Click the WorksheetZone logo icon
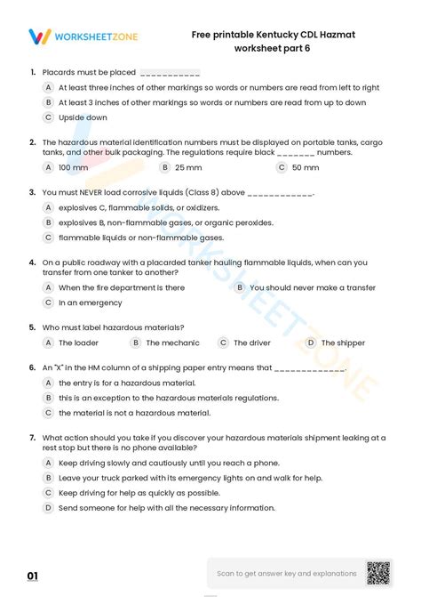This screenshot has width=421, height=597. [40, 36]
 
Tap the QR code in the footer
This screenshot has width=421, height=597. [379, 573]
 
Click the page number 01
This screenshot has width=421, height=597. [33, 577]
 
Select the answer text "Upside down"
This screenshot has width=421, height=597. [83, 117]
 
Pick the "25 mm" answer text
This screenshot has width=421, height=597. [188, 167]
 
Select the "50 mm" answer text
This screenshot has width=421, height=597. [306, 167]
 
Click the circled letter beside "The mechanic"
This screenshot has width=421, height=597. [135, 343]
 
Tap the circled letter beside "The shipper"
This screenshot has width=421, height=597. [311, 343]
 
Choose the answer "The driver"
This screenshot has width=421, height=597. [252, 343]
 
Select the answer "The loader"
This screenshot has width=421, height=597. [78, 343]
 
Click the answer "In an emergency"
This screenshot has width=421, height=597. [91, 303]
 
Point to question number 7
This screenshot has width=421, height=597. [33, 438]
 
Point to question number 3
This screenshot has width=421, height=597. [33, 191]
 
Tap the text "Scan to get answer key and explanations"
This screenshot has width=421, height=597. [287, 574]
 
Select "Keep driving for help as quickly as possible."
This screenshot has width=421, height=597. [139, 492]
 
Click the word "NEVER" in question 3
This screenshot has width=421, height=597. [95, 191]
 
